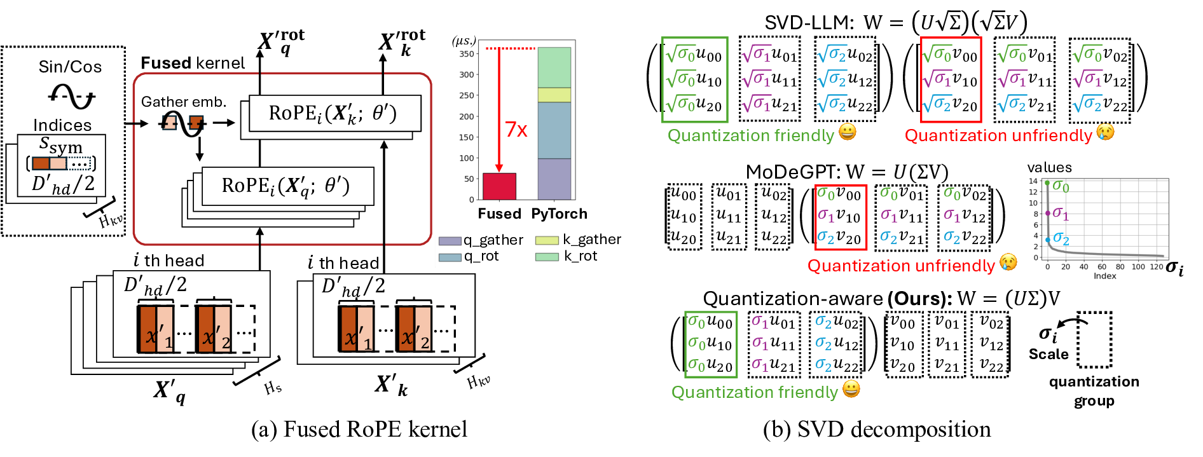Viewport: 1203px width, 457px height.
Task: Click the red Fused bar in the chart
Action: tap(499, 186)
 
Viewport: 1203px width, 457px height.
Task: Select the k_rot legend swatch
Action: tap(547, 257)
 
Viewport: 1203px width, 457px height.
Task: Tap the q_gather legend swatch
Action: tap(450, 241)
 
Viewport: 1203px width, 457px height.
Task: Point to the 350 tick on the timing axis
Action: tap(467, 54)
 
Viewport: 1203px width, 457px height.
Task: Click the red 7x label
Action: tap(516, 130)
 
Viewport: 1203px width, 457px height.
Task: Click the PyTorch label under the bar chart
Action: tap(559, 214)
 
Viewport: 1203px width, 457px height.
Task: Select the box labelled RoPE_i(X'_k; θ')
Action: tap(334, 113)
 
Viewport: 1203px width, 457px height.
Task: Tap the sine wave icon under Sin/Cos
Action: tap(71, 96)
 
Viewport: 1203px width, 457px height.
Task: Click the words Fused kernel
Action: tap(193, 63)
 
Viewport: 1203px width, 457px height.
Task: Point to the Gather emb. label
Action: tap(184, 102)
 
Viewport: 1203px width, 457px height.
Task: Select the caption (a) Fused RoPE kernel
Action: tap(359, 430)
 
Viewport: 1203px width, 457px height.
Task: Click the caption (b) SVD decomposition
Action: tap(877, 430)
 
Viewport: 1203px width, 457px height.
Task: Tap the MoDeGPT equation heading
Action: tap(847, 172)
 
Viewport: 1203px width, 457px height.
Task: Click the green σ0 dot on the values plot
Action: tap(1048, 183)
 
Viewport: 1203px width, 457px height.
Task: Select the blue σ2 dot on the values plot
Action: tap(1048, 240)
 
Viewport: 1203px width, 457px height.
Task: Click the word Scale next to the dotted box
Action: tap(1048, 354)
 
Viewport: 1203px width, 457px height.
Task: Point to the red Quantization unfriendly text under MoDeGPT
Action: tap(900, 266)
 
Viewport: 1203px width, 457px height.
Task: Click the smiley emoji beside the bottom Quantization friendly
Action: tap(851, 388)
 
